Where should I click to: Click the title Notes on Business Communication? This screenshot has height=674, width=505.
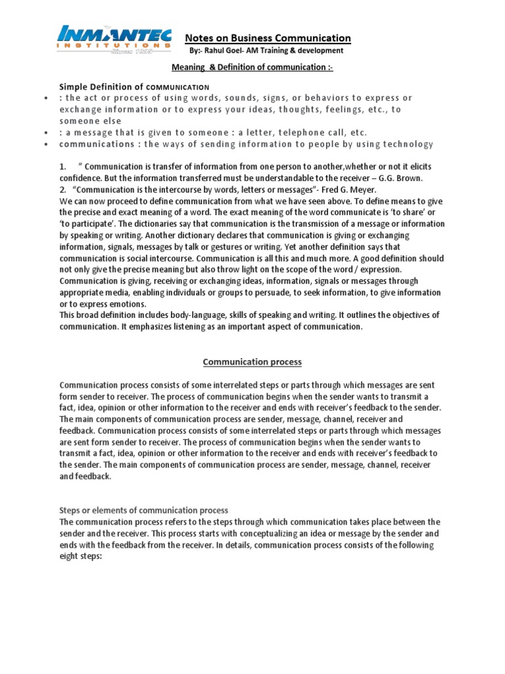tap(267, 38)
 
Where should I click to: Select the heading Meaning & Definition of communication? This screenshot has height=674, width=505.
tap(252, 67)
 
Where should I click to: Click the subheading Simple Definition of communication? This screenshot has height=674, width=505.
tap(134, 86)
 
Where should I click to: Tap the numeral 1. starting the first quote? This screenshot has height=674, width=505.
tap(63, 167)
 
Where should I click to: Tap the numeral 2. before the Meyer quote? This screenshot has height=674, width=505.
tap(63, 190)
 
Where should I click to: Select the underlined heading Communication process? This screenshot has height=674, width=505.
tap(252, 361)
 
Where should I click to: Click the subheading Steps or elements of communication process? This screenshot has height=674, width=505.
tap(143, 510)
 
